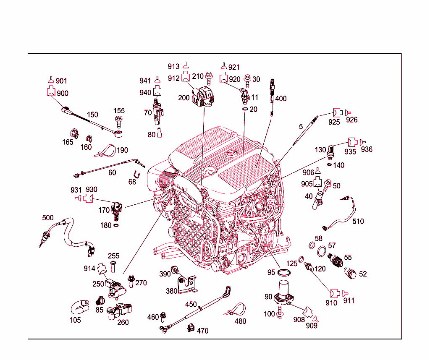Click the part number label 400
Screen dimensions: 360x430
coord(281,99)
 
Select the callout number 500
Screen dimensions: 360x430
coord(48,217)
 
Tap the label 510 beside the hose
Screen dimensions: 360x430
coord(358,221)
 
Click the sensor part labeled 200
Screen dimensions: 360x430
coord(204,96)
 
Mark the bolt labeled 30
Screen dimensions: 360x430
coord(248,78)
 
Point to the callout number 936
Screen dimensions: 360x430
coord(366,149)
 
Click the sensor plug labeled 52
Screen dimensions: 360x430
coord(349,272)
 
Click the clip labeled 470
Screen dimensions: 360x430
coord(190,327)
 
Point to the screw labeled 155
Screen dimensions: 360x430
coord(119,122)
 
